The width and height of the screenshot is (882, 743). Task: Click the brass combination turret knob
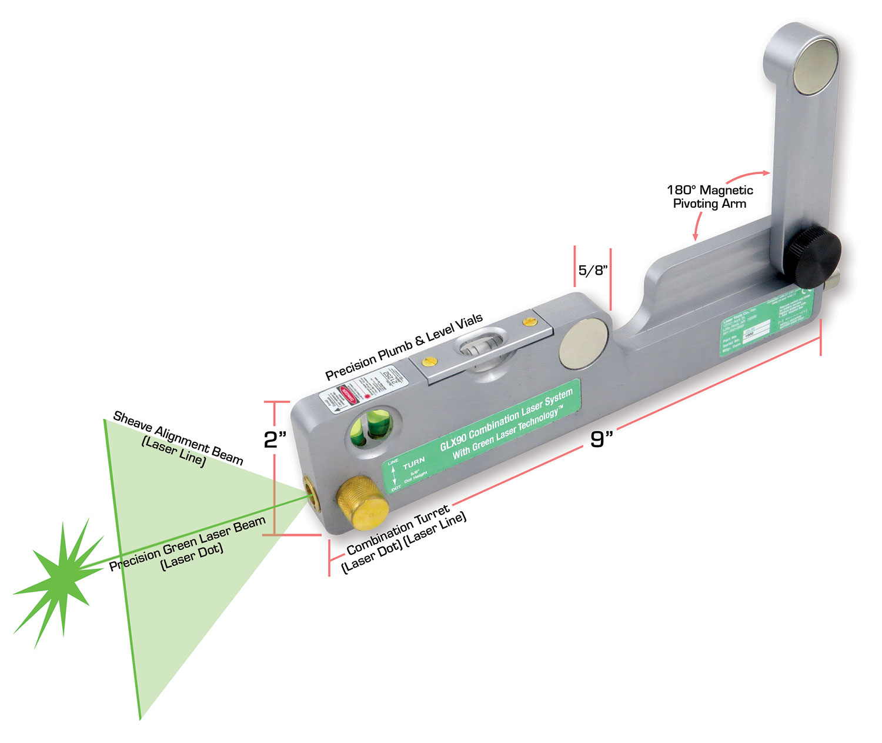(x=362, y=504)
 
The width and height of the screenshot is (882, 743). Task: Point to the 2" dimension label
(x=275, y=439)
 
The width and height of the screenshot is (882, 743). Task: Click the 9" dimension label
(x=601, y=439)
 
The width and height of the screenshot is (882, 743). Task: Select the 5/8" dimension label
(x=592, y=270)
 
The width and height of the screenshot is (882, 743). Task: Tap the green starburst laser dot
(x=59, y=581)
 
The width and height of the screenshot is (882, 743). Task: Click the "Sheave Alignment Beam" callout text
(x=178, y=438)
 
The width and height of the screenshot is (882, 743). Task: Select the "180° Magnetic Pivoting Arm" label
(x=710, y=197)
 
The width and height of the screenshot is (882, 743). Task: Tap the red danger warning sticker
(x=348, y=394)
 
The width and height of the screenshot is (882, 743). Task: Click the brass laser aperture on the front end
(x=310, y=492)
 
